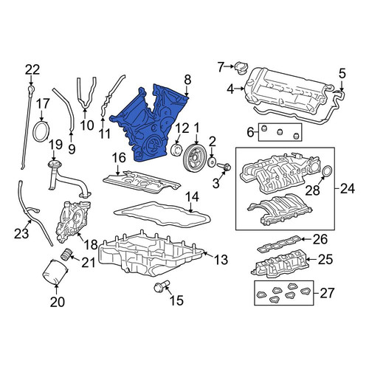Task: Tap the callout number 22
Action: tap(32, 70)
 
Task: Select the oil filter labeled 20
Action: tap(55, 272)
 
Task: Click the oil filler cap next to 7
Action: tap(241, 66)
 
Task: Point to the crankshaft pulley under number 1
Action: tap(196, 157)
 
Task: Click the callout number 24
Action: tap(348, 189)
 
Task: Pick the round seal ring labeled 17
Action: tap(41, 131)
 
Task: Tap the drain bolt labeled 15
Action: tap(161, 287)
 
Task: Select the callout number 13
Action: tap(221, 260)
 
